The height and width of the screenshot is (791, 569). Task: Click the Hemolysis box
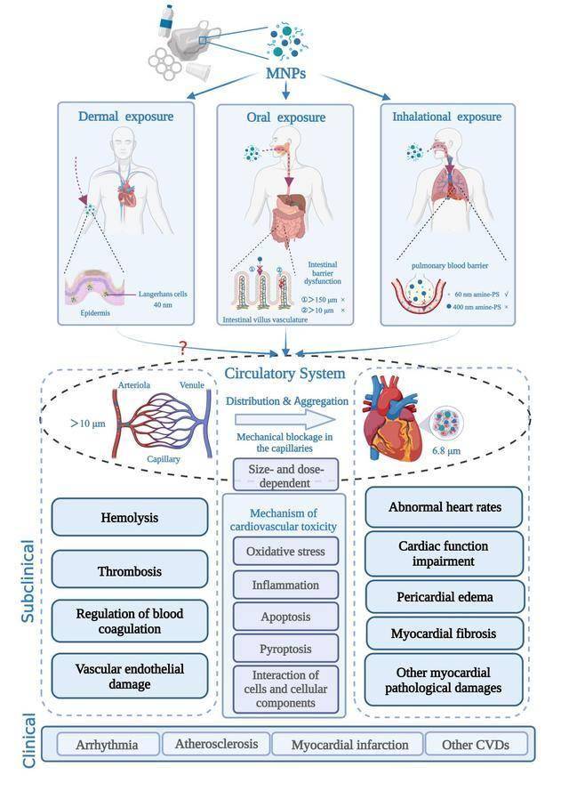(130, 517)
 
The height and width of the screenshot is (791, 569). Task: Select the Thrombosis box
(130, 569)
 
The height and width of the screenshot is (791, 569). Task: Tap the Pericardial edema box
(445, 597)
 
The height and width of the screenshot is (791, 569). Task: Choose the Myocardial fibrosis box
(445, 634)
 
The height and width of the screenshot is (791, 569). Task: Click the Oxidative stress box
(285, 552)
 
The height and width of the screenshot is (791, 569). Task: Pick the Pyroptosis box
(285, 649)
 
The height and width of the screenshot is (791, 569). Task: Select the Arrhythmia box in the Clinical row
(108, 745)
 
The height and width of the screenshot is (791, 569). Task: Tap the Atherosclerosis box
(216, 744)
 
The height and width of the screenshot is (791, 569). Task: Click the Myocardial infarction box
(349, 745)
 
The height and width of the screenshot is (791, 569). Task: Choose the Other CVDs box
(476, 745)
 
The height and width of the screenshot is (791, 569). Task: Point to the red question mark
(183, 347)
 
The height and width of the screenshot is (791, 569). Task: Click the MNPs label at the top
(285, 73)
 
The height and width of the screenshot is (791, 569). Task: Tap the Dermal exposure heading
(125, 117)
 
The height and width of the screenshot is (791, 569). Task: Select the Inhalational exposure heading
(447, 117)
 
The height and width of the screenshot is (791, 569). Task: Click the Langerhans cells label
(163, 295)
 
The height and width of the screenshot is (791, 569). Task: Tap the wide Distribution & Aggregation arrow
(285, 420)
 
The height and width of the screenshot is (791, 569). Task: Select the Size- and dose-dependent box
(285, 475)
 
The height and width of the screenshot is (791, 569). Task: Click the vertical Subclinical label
(28, 581)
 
